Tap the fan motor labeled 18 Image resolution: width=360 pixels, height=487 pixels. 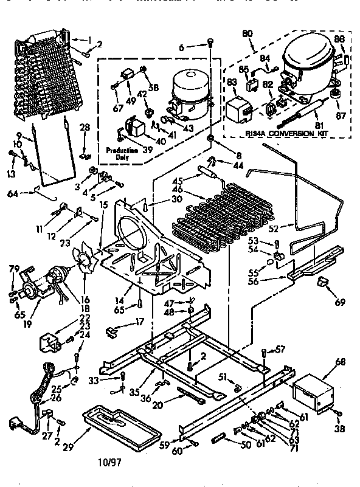tap(58, 281)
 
